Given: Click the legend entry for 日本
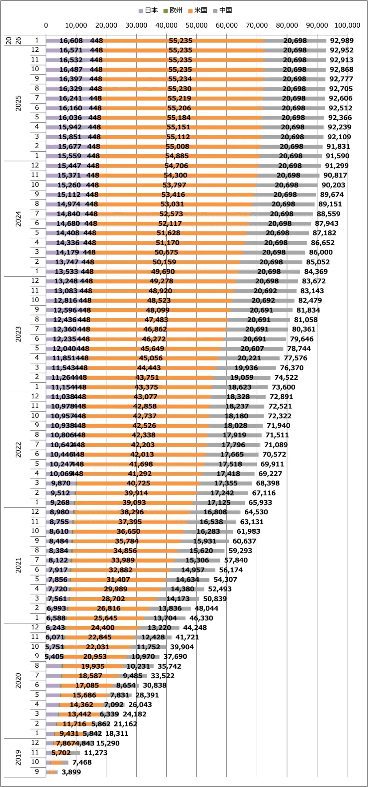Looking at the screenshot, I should coord(148,10).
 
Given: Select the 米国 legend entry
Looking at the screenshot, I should coord(198,10).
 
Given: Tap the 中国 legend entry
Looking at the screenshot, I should coord(223,10).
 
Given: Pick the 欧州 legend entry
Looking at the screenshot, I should coord(173,10).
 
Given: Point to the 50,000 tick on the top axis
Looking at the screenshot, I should coord(196,26).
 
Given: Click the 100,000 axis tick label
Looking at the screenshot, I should coord(347,26).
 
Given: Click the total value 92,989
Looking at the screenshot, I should coord(342,41).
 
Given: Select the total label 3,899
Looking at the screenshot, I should coord(71,772).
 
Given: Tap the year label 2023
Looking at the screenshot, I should coord(18,334).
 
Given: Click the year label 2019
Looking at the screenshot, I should coord(18,757).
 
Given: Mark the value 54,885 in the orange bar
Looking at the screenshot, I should coord(177,156).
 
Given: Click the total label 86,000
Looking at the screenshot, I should coord(321,252).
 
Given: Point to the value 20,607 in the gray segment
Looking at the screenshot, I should coord(252,348).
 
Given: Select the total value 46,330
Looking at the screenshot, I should coord(201,618).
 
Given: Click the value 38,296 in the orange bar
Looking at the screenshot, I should coord(132,512).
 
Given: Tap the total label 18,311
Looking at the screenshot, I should coord(117,733).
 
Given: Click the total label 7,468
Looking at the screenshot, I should coord(82,762).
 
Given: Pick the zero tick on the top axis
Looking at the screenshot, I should coord(46,26).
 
